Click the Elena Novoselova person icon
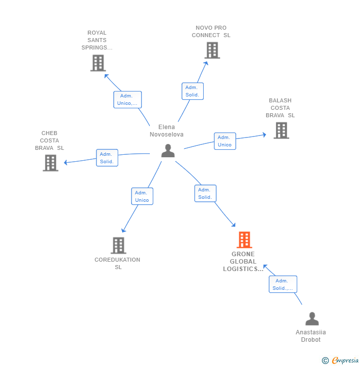coord(168,151)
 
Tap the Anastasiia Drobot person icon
coord(312,319)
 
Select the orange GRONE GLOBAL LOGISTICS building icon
coord(244,240)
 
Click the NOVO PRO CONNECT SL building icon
coord(212,50)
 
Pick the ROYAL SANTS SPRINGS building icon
coord(98,63)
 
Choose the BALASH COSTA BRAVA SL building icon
coord(281,130)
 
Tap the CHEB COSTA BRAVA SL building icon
coord(50,163)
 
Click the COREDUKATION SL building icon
coord(118,245)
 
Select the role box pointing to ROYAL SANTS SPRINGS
coord(128,99)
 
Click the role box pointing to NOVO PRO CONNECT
coord(192,91)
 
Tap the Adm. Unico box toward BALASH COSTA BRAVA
coord(225,141)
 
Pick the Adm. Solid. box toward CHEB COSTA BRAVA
coord(107,158)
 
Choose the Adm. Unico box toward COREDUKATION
coord(142,196)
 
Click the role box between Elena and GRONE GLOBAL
coord(205,193)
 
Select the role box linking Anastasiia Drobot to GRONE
coord(283,284)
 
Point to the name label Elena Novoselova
coord(167,131)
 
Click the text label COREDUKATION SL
coord(118,263)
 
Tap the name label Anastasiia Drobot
coord(311,336)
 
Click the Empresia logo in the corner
coord(341,361)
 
